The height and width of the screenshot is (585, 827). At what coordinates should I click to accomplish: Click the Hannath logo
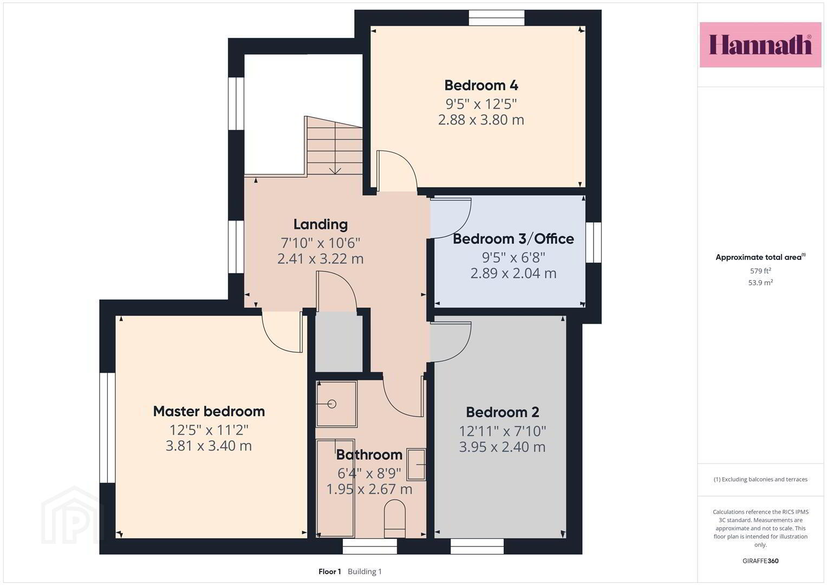click(x=760, y=44)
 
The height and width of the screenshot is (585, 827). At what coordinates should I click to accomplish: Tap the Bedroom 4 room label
click(x=481, y=86)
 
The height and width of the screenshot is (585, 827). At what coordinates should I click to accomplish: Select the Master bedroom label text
click(x=209, y=411)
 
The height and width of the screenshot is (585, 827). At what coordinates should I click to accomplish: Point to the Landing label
click(x=321, y=224)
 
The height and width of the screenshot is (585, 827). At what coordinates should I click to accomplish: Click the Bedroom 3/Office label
click(x=513, y=239)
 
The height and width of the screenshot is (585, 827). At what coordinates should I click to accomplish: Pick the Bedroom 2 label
click(x=503, y=412)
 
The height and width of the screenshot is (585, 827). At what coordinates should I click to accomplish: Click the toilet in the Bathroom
click(x=395, y=518)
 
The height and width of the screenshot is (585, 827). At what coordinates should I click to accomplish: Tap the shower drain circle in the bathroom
click(x=332, y=404)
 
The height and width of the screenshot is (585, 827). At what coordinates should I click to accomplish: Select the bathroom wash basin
click(x=416, y=464)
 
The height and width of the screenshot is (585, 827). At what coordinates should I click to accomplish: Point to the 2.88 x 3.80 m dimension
click(x=481, y=120)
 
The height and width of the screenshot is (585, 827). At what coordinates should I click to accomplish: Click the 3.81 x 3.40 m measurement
click(x=209, y=446)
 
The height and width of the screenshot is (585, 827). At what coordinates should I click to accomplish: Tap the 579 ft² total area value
click(x=760, y=271)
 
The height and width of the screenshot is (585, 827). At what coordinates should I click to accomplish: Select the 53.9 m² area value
click(x=760, y=283)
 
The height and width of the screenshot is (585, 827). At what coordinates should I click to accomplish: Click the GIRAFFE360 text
click(x=760, y=561)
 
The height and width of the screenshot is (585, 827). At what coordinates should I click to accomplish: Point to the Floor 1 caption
click(x=330, y=571)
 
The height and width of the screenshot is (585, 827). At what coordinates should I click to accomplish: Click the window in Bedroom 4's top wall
click(x=497, y=18)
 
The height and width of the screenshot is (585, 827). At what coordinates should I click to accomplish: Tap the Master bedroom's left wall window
click(x=107, y=428)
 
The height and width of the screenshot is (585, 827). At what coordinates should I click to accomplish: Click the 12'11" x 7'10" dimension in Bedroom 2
click(x=502, y=431)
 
